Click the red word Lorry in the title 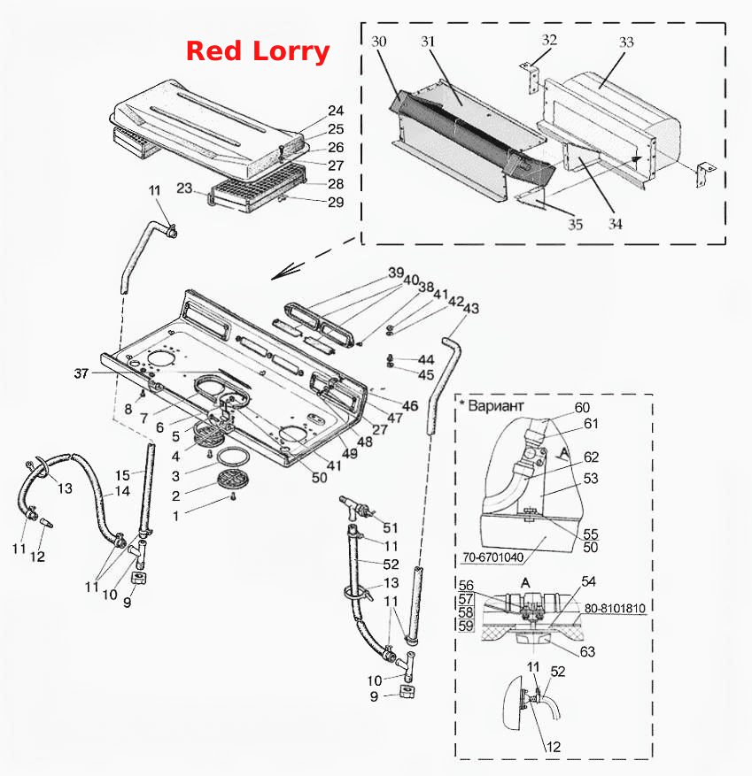click(x=291, y=52)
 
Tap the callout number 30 click(x=378, y=41)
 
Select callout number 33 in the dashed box click(x=626, y=42)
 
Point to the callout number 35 click(x=575, y=225)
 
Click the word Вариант click(x=496, y=406)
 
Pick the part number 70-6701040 click(x=492, y=557)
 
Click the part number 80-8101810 click(x=615, y=608)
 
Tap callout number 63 click(x=587, y=651)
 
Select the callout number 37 click(x=81, y=373)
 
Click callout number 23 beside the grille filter click(x=184, y=188)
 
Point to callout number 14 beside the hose click(x=122, y=491)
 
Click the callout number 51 click(x=391, y=527)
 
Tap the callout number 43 click(x=471, y=308)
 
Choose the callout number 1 click(x=176, y=516)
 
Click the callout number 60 click(x=582, y=407)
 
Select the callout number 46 click(x=410, y=406)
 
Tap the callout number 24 click(x=336, y=111)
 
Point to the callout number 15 click(x=122, y=475)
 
